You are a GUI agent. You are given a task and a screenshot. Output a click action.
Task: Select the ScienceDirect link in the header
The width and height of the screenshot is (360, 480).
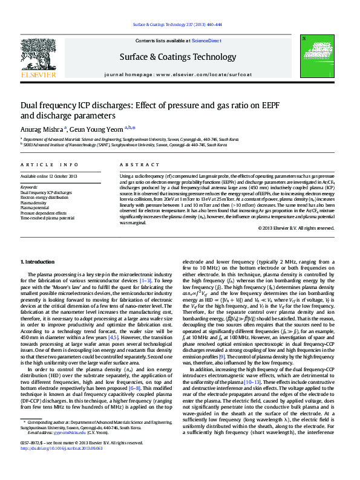pyautogui.click(x=206, y=41)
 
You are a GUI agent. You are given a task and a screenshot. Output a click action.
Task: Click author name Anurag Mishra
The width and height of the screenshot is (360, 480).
pyautogui.click(x=40, y=128)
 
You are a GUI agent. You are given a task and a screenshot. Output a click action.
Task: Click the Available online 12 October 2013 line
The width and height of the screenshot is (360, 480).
pyautogui.click(x=49, y=176)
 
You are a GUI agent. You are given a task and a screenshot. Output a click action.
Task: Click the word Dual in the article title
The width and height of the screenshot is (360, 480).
pyautogui.click(x=30, y=105)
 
